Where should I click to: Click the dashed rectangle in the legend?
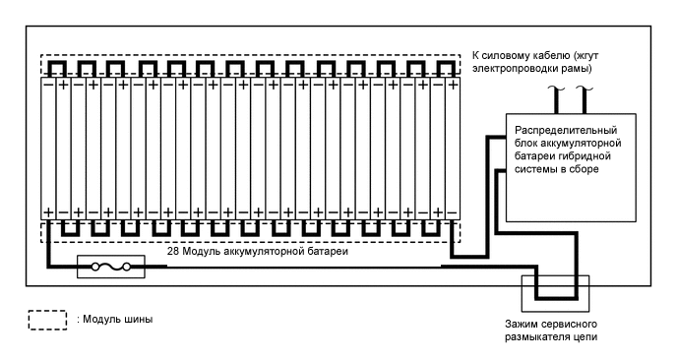48,321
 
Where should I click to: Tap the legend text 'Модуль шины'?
118,321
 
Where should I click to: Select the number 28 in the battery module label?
173,252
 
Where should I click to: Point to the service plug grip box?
553,292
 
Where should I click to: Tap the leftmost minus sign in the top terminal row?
47,86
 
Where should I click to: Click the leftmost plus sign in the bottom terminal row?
47,212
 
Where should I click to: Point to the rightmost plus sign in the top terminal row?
452,86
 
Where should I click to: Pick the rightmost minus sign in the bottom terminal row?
452,212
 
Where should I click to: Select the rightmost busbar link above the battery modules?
444,67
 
